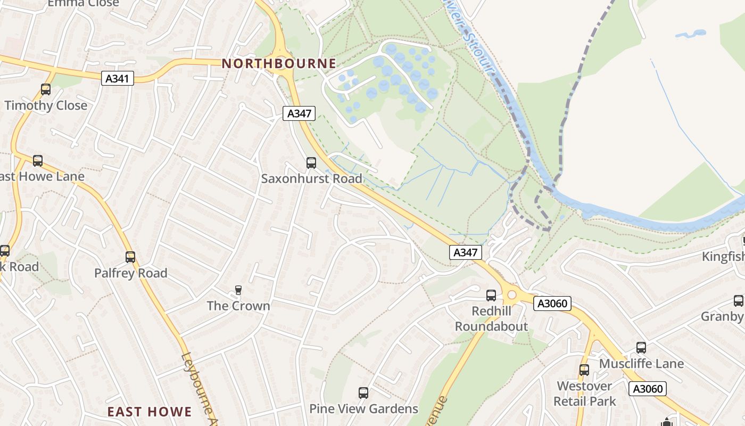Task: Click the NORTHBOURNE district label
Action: pos(279,63)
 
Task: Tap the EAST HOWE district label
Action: pos(150,412)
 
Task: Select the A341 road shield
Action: pos(118,79)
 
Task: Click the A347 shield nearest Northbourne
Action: pos(299,113)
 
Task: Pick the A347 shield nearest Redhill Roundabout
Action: pos(466,252)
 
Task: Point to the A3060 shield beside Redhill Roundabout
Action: pos(553,304)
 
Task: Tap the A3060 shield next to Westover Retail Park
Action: pos(648,389)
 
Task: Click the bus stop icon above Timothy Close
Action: pos(46,89)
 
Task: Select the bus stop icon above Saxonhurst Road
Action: pos(311,163)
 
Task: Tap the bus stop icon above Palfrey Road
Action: pos(130,257)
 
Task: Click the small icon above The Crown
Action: pos(238,290)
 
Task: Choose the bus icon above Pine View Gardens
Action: pos(363,393)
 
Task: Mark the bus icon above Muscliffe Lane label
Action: pos(641,348)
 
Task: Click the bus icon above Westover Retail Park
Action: pos(584,370)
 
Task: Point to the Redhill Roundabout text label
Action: pos(491,318)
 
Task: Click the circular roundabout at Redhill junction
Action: pos(512,294)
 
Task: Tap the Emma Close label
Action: pos(84,3)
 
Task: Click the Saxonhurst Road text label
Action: pos(311,179)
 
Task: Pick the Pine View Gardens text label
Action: pos(364,409)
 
